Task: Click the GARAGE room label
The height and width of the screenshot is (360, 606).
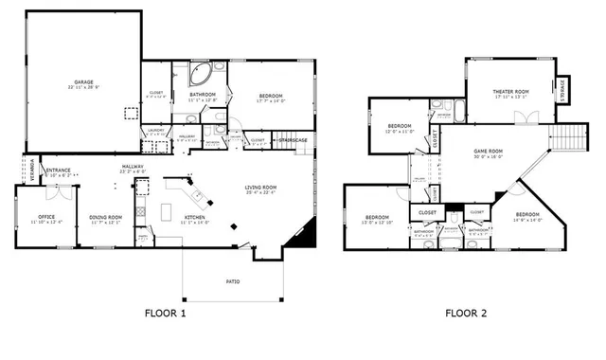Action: coord(84,83)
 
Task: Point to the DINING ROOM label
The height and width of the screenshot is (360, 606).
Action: coord(106,217)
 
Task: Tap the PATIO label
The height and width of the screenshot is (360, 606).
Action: coord(232,280)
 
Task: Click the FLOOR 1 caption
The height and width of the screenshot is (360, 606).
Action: coord(165,313)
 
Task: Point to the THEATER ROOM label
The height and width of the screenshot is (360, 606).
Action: coord(509,92)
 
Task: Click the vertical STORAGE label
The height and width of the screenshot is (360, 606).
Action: coord(562,89)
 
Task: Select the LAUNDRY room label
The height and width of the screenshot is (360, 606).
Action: coord(156,133)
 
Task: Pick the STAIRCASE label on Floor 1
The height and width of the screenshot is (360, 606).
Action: coord(293,140)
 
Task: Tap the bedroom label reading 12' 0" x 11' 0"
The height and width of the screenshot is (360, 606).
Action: coord(400,128)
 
